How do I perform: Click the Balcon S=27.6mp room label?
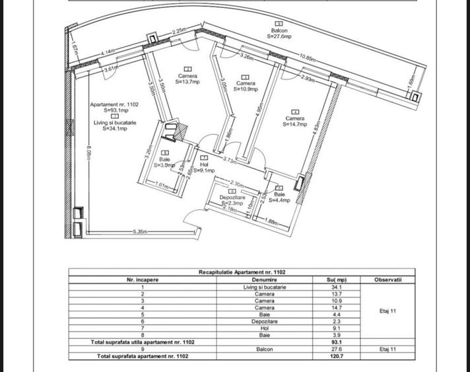[x=279, y=34]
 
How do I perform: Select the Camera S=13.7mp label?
[x=187, y=79]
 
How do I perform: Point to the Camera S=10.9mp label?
[x=246, y=86]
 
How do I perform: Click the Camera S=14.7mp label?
[x=295, y=120]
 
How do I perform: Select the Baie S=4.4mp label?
[x=279, y=197]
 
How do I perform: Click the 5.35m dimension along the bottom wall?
[x=139, y=232]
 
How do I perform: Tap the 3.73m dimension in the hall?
[x=230, y=161]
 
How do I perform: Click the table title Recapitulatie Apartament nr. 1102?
[x=242, y=272]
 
